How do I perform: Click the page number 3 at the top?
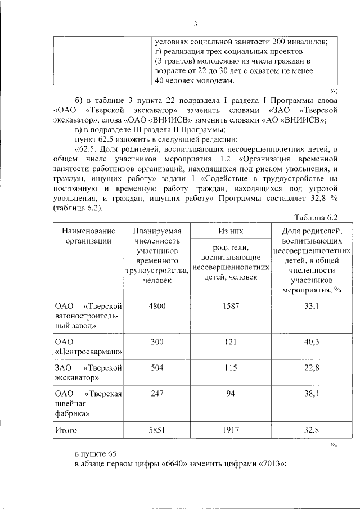tap(196, 24)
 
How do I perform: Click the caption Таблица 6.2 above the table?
tap(316, 218)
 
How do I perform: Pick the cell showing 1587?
tap(230, 305)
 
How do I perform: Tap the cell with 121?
tap(230, 342)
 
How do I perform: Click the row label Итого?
tap(65, 430)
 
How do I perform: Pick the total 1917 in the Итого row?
tap(230, 430)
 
